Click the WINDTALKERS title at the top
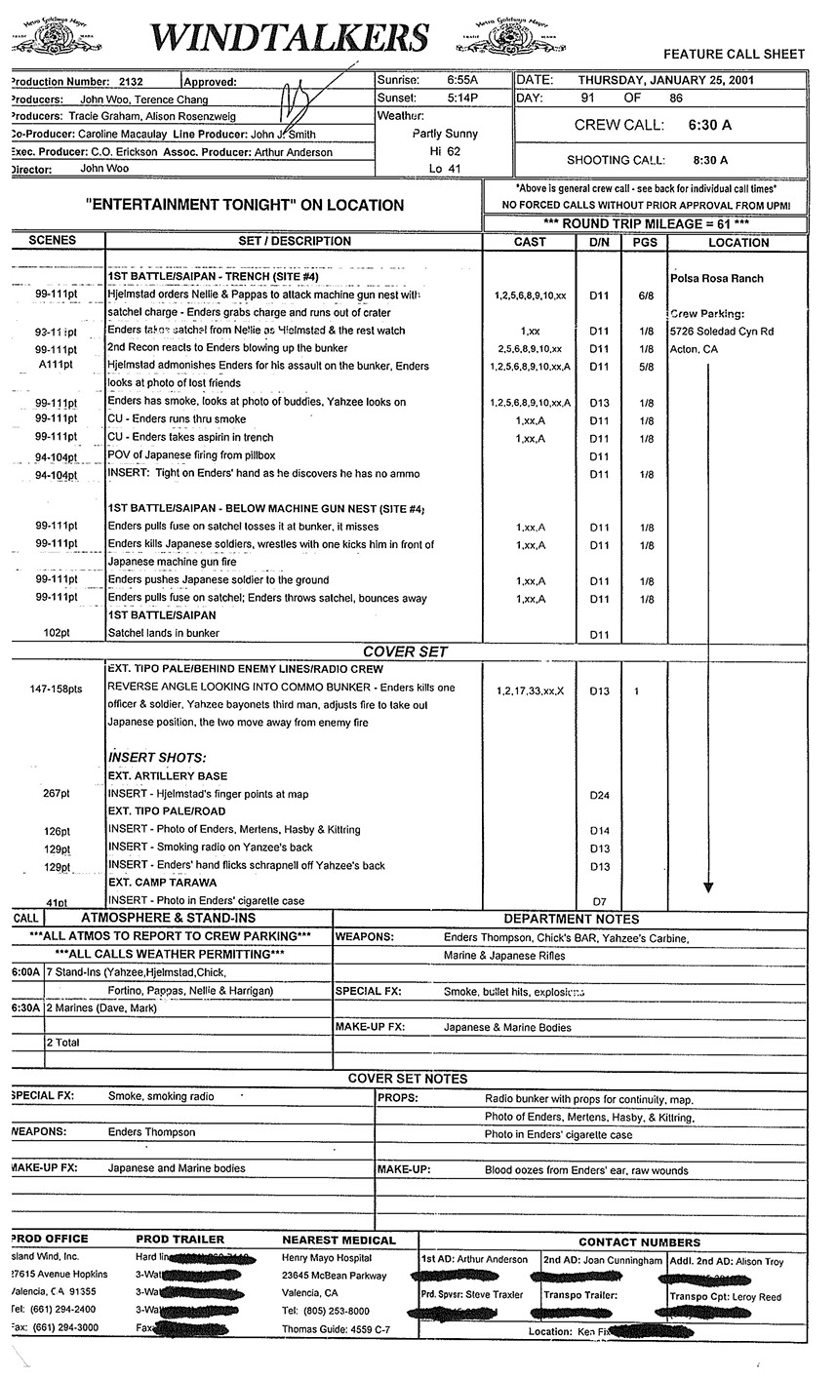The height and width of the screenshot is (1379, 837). [x=290, y=37]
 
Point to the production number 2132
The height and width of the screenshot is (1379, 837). [x=130, y=83]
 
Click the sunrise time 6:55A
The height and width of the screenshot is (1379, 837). [x=467, y=80]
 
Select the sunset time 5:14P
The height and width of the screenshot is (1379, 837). [x=467, y=98]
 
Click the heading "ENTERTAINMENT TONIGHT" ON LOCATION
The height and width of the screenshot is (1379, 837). [x=244, y=205]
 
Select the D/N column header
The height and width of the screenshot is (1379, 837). [x=599, y=242]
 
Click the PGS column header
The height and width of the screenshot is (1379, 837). [x=645, y=242]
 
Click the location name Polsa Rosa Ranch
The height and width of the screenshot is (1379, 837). [x=717, y=278]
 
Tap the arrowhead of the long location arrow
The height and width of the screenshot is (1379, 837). [x=708, y=887]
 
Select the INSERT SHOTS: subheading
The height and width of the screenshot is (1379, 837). [x=157, y=758]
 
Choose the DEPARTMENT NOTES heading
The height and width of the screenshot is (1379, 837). [x=571, y=919]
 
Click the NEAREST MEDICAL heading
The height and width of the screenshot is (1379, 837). [x=339, y=1241]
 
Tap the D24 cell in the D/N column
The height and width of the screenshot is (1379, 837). [x=599, y=795]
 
